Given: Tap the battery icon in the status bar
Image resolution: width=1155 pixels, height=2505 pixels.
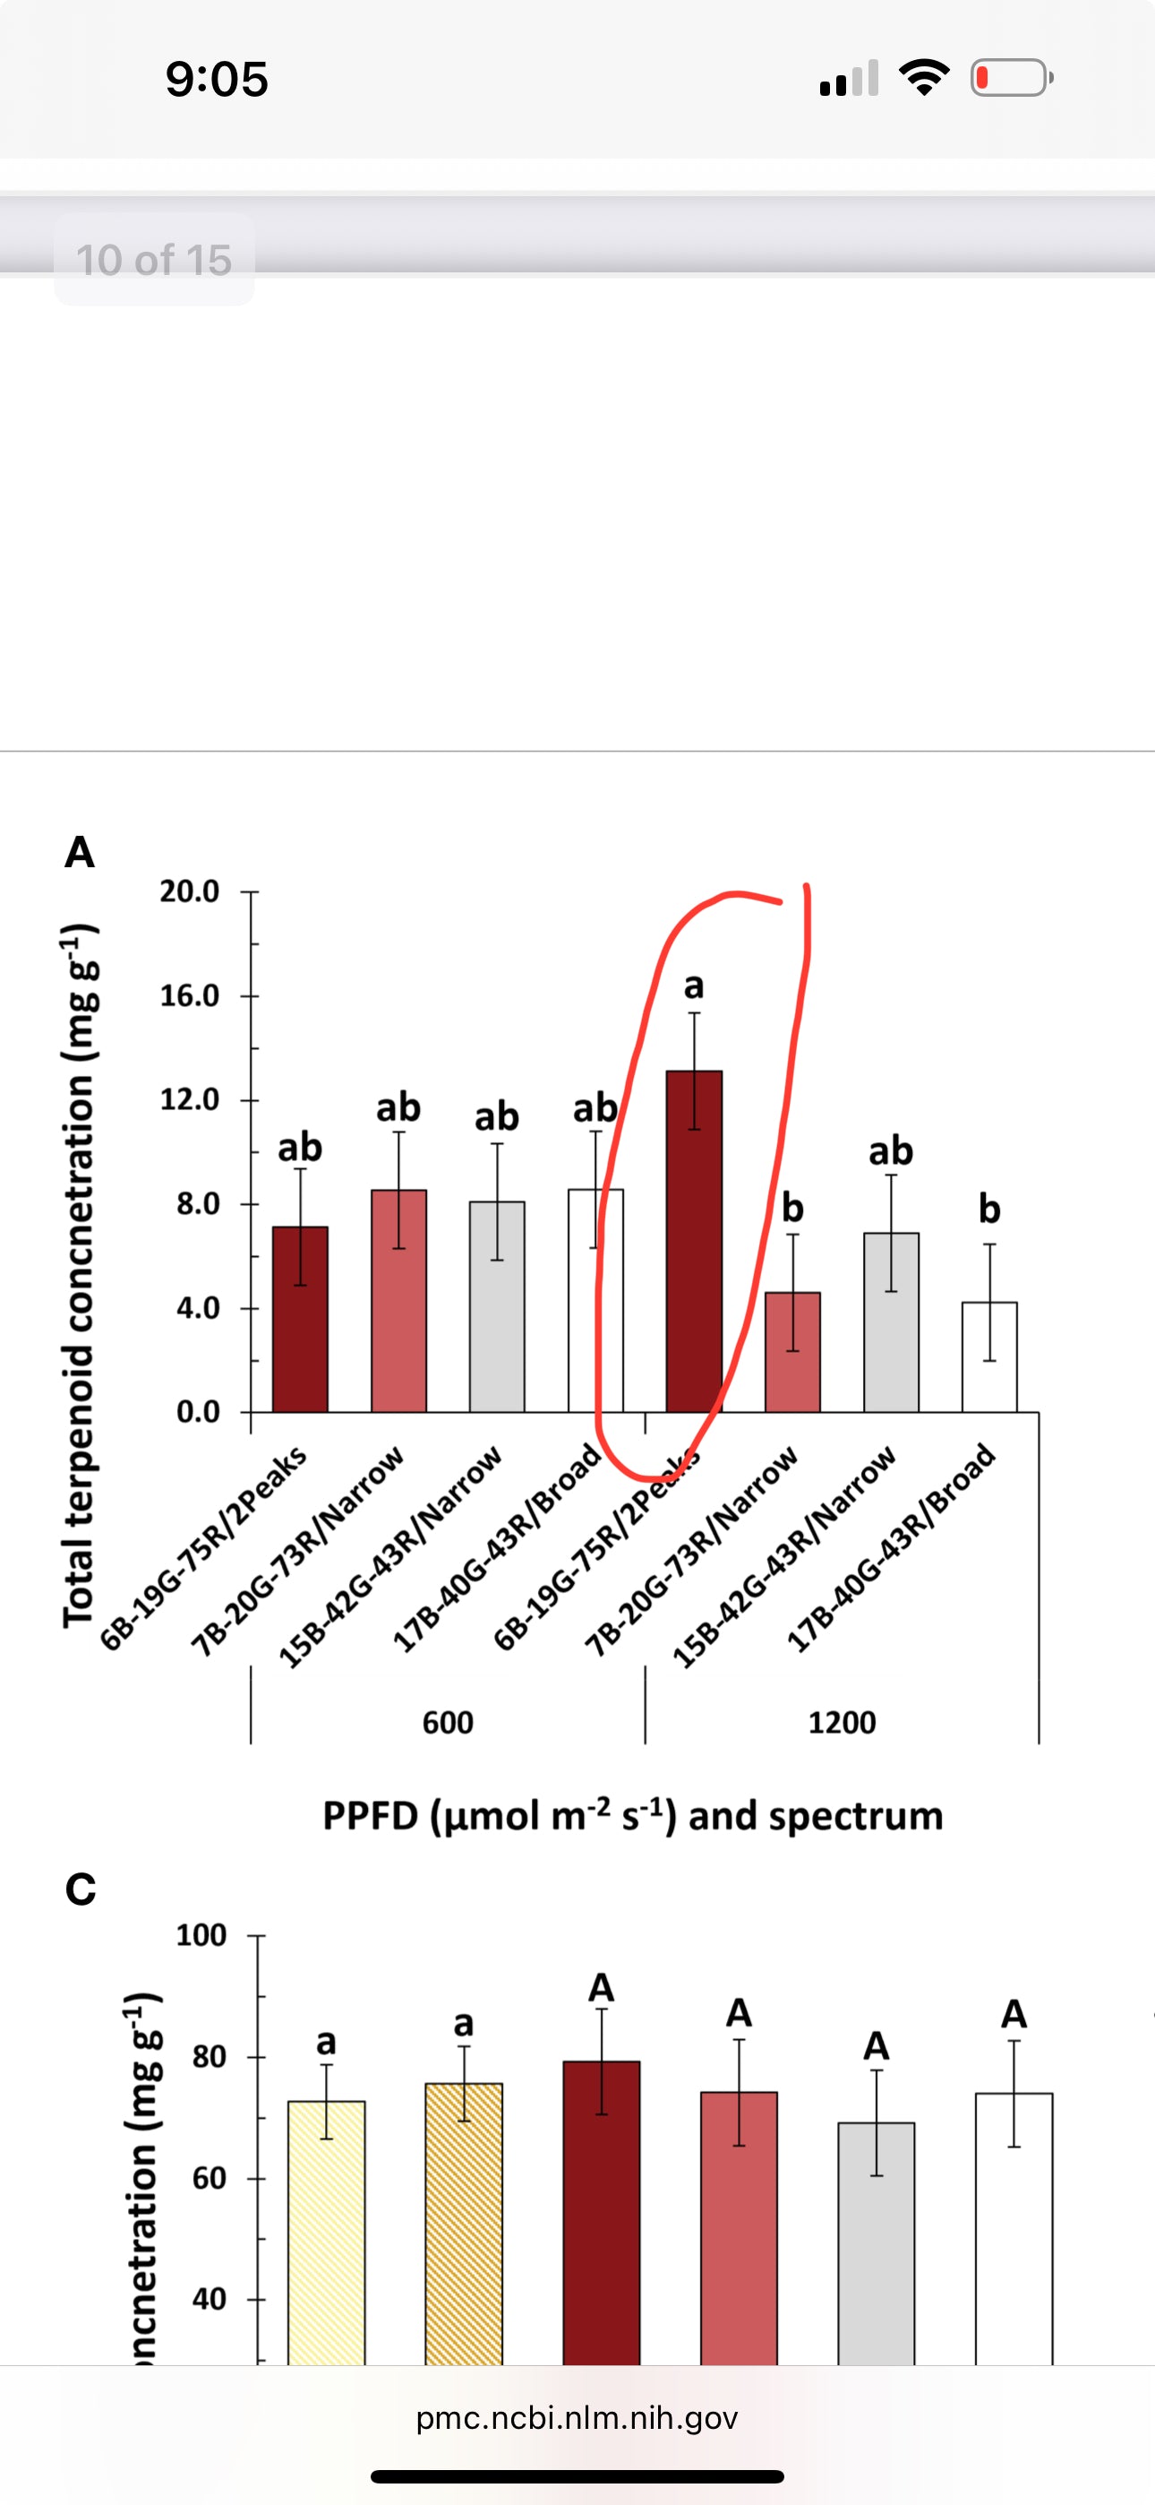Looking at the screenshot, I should point(1011,78).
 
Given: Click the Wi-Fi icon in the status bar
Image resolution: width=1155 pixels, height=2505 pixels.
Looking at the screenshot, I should point(924,78).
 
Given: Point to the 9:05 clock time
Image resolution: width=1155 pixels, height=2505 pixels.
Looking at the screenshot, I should point(216,79).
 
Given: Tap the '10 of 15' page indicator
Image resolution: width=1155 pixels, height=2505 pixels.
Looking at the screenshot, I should point(154,260).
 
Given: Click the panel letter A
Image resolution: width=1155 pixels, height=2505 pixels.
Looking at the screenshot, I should point(80,852).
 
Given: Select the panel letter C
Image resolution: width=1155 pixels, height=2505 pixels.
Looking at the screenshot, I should point(81,1889).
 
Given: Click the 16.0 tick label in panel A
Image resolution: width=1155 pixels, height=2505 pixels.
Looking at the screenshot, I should point(190,995).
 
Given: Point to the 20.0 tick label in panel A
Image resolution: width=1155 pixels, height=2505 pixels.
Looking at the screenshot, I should point(190,891).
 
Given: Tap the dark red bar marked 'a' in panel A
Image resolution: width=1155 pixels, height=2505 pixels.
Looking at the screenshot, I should point(694,1244).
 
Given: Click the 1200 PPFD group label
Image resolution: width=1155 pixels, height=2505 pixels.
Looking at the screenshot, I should point(842,1722).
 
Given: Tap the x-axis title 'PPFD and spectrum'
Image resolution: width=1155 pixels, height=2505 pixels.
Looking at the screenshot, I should point(633,1815).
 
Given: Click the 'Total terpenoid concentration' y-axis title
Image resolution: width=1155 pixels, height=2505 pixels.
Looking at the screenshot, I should point(80,1274).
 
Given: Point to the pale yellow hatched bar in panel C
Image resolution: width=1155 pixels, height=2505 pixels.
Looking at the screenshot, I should point(327,2236).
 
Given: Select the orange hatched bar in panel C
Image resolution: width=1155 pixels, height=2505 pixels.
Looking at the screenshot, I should point(464,2227).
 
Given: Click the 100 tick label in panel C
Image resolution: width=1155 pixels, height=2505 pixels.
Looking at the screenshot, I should point(201,1935).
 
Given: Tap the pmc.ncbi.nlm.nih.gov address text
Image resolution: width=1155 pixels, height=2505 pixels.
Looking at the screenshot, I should point(577,2417).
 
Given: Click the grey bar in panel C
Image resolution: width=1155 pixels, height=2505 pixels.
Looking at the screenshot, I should point(876,2246).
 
